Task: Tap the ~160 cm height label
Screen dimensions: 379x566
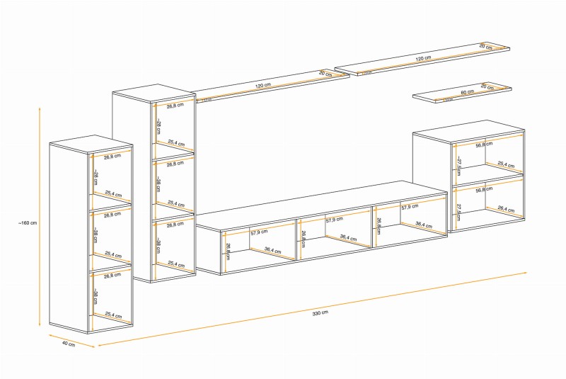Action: pyautogui.click(x=28, y=222)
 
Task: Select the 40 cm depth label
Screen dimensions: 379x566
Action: pyautogui.click(x=68, y=344)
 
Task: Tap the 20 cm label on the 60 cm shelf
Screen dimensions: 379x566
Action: pyautogui.click(x=486, y=86)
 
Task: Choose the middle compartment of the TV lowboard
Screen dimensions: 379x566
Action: pyautogui.click(x=335, y=234)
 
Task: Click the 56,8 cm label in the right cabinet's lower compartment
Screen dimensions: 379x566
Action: pyautogui.click(x=485, y=190)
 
